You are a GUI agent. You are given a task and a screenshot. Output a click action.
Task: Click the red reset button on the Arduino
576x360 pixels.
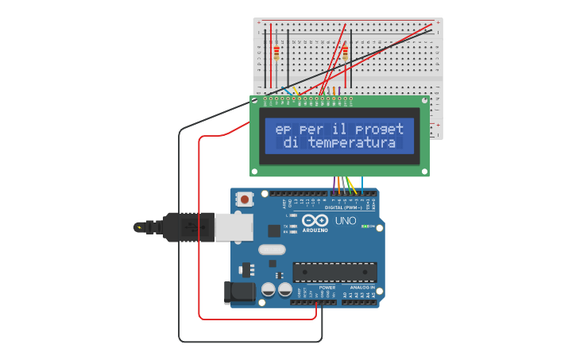point(245,199)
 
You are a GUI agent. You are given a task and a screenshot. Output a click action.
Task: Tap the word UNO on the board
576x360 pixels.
point(346,221)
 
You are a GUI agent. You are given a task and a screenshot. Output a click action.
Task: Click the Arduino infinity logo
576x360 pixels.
point(315,221)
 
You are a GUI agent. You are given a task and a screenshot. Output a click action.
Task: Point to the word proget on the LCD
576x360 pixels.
point(379,129)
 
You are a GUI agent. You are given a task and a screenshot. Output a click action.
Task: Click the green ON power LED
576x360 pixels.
point(364,226)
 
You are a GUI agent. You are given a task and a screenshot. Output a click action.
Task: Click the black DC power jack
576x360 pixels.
point(240,292)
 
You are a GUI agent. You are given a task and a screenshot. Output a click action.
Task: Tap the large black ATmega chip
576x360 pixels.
point(334,272)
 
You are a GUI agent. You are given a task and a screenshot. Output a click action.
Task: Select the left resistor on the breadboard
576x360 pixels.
point(276,52)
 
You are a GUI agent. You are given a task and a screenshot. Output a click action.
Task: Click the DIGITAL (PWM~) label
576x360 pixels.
point(344,208)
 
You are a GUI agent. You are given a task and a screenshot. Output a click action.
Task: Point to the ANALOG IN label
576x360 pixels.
point(362,288)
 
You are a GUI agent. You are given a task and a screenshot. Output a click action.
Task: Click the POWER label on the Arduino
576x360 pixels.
point(315,288)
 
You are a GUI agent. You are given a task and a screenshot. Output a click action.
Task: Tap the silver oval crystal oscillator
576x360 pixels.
point(271,250)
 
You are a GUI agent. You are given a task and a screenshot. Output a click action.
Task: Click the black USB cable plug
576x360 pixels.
point(187,226)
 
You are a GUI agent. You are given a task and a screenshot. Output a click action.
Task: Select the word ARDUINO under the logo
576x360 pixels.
point(315,230)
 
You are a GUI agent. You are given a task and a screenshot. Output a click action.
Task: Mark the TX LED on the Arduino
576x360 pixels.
point(293,226)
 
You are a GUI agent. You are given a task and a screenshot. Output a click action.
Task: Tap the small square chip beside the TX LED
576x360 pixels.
point(274,230)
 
